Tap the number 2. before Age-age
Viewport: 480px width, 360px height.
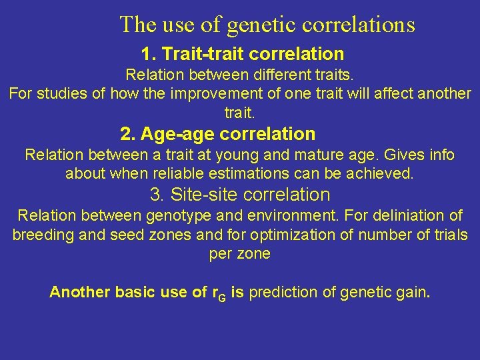tap(129, 134)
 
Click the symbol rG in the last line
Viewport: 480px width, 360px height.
tap(219, 293)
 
